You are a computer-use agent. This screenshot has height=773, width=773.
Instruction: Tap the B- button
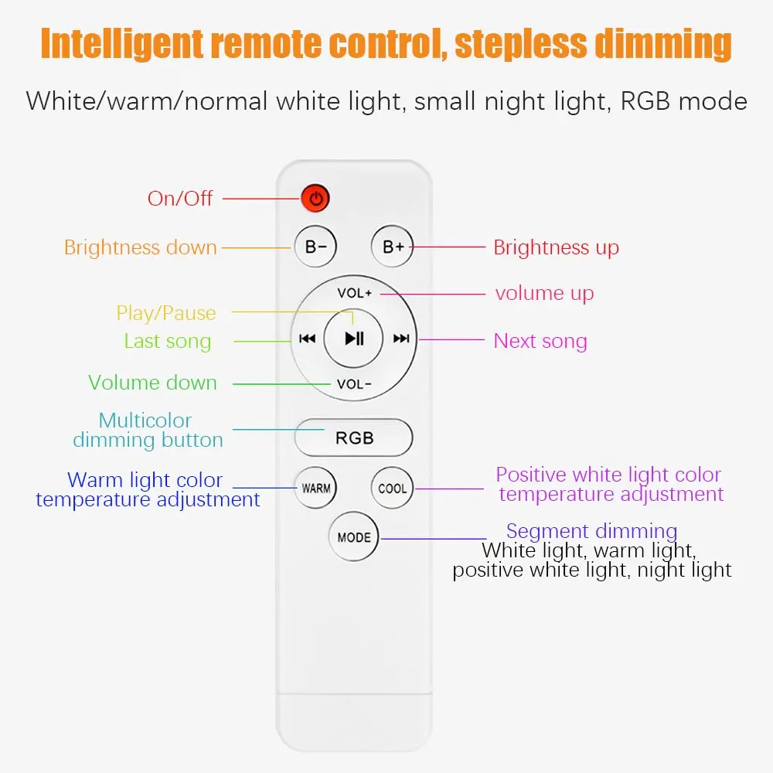pyautogui.click(x=315, y=247)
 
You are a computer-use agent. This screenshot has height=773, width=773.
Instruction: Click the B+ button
pyautogui.click(x=393, y=247)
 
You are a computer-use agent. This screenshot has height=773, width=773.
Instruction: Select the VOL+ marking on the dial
pyautogui.click(x=355, y=293)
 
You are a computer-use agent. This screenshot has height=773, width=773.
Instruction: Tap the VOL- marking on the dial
pyautogui.click(x=354, y=384)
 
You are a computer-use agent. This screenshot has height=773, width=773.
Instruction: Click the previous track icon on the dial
pyautogui.click(x=307, y=339)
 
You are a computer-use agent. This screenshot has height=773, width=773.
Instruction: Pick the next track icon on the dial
pyautogui.click(x=401, y=339)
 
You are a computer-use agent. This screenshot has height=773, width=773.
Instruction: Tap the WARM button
pyautogui.click(x=316, y=488)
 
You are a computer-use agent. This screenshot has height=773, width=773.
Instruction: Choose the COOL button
pyautogui.click(x=393, y=488)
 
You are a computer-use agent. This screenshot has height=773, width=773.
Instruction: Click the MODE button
pyautogui.click(x=354, y=537)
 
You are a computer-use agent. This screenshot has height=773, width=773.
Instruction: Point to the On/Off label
pyautogui.click(x=180, y=199)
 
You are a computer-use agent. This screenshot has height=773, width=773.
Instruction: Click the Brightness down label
pyautogui.click(x=141, y=247)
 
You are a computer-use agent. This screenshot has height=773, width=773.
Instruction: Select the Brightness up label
pyautogui.click(x=556, y=248)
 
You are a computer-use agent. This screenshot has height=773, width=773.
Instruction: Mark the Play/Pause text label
pyautogui.click(x=166, y=314)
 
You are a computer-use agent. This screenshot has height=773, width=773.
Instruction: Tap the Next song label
pyautogui.click(x=540, y=341)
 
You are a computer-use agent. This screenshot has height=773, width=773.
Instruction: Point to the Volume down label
pyautogui.click(x=153, y=383)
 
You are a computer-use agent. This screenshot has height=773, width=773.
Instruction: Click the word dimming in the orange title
pyautogui.click(x=663, y=44)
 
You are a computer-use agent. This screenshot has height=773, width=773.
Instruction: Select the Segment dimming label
pyautogui.click(x=591, y=532)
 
